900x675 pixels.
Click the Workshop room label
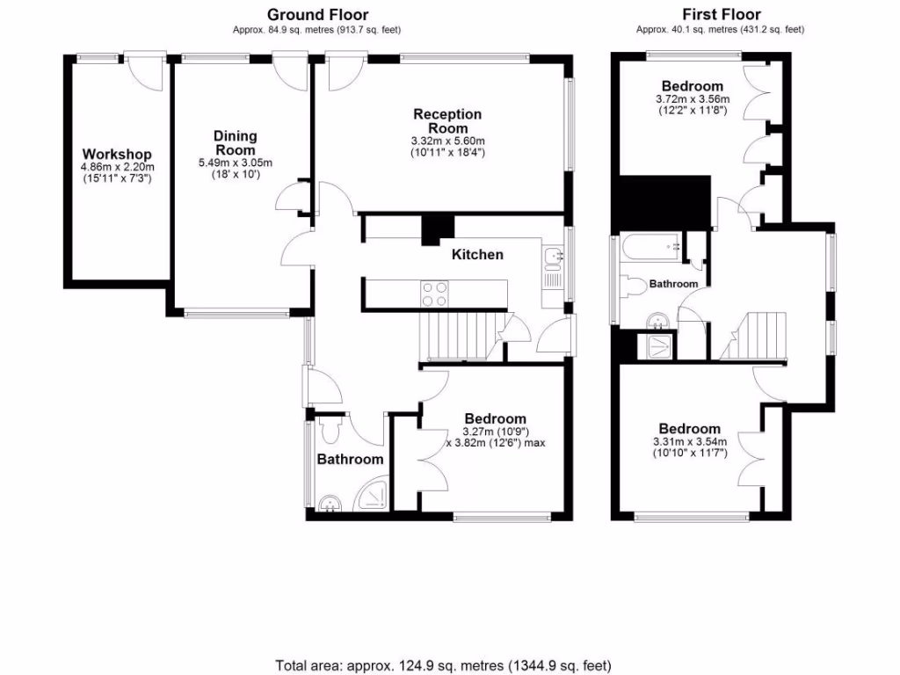(x=117, y=155)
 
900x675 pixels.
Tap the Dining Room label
(x=236, y=142)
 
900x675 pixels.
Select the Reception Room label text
(x=447, y=120)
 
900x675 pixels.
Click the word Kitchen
(x=477, y=255)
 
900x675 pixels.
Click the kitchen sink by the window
(x=553, y=257)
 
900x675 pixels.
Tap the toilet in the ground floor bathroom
(x=331, y=430)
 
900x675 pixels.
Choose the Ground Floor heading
(x=317, y=14)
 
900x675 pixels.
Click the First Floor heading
(x=721, y=14)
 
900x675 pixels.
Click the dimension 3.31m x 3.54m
(x=690, y=442)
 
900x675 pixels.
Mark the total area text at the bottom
(x=443, y=665)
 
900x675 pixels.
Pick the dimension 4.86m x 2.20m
(x=117, y=168)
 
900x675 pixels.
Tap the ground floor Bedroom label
(x=495, y=419)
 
